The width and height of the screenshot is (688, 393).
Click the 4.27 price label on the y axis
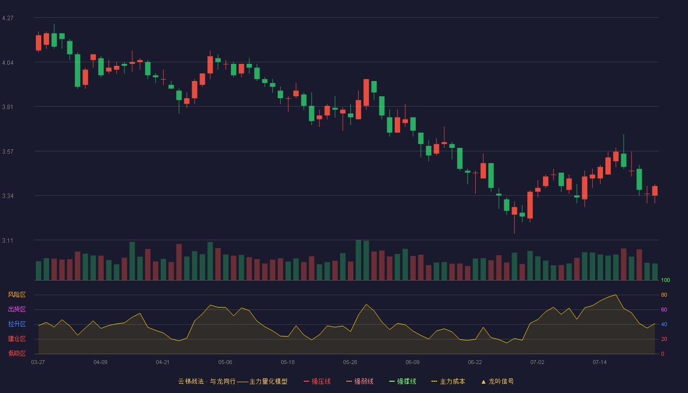tap(8, 18)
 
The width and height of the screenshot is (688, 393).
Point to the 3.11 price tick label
tap(8, 240)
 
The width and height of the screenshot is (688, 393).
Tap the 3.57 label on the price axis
tap(8, 152)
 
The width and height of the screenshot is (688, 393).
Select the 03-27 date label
tap(38, 363)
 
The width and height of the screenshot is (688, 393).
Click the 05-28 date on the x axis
tap(350, 363)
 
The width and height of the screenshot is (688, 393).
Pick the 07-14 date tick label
tap(600, 363)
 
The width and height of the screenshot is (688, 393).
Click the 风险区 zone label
tap(17, 295)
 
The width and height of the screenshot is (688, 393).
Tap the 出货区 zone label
tap(17, 309)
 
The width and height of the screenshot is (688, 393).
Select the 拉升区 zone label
tap(17, 324)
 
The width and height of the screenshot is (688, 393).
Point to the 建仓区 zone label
tap(17, 338)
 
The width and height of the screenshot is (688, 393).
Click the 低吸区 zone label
tap(17, 353)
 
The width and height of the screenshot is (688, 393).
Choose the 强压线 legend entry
tap(317, 381)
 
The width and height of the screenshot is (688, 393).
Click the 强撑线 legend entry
tap(402, 381)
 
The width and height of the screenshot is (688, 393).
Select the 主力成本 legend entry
tap(448, 381)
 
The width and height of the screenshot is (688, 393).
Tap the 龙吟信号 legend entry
tap(497, 381)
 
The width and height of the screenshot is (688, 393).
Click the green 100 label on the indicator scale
tap(665, 280)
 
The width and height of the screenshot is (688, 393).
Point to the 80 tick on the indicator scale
tap(664, 295)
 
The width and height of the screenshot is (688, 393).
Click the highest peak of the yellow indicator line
tap(615, 295)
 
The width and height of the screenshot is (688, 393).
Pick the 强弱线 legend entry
tap(360, 381)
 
